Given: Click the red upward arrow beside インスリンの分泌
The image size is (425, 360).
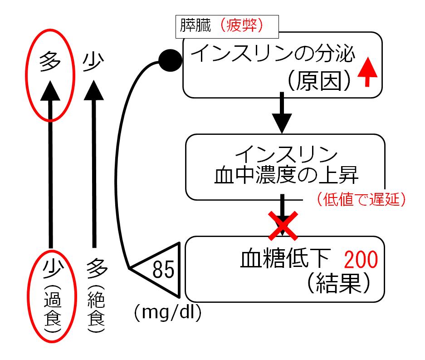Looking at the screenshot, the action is pos(367,72).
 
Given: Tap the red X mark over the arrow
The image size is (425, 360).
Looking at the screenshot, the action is pos(283,226).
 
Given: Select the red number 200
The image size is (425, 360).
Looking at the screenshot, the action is pos(361,260).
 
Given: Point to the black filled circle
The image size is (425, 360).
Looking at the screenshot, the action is pos(170,60).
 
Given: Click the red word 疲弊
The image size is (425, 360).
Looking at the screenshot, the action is pos(241,26).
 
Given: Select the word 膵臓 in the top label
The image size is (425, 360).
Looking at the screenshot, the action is pos(195,26).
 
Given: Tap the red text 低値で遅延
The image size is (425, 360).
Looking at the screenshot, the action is pos(361,200).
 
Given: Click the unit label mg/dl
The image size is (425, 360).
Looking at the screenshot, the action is pos(168,312).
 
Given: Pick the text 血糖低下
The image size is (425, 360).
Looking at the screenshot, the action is pos(286,258).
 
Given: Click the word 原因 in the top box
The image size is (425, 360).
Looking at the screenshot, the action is pos(318,81).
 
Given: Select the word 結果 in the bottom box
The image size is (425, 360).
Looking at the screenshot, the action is pos(339,283).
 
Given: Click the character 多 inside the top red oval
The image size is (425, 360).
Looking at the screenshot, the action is pos(50,62).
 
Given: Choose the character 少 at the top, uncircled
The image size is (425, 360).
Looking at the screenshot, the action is pos(93,62).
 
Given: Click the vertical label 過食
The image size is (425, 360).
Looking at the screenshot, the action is pos(53,309).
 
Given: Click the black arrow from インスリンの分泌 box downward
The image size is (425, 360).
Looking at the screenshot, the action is pos(282,113).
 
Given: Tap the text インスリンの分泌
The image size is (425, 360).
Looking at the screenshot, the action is pos(273,54).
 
